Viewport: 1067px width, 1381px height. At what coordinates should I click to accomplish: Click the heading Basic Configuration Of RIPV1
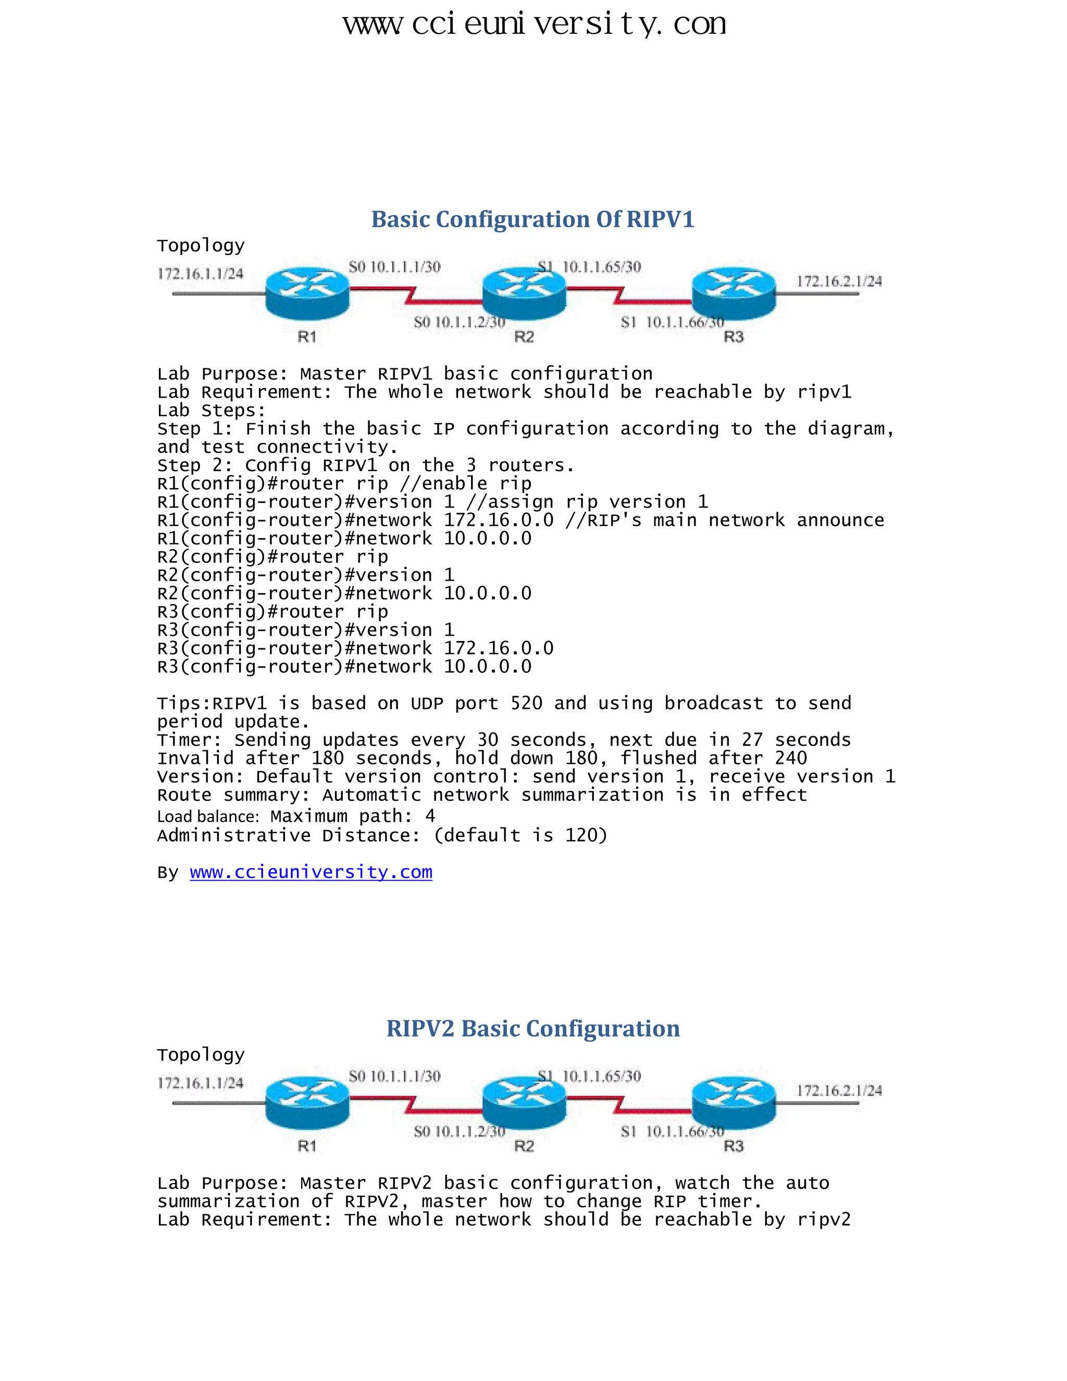(x=532, y=219)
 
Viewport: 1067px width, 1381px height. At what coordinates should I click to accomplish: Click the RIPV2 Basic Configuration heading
(x=532, y=1029)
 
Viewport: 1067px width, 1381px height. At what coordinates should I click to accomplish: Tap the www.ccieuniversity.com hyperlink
(x=311, y=872)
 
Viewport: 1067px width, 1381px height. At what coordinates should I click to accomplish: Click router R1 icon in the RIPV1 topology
(x=307, y=293)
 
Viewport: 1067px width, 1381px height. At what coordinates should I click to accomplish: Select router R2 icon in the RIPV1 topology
(x=524, y=293)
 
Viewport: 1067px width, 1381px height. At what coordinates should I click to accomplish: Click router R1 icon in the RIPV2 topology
(x=307, y=1102)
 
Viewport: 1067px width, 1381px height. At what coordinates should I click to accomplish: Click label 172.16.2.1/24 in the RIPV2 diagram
(x=839, y=1091)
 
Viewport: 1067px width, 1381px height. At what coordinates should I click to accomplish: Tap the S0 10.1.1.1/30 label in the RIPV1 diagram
(x=394, y=267)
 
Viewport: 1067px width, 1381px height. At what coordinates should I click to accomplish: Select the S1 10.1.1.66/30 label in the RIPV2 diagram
(x=672, y=1132)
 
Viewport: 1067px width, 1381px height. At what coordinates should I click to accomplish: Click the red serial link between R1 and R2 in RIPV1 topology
(x=414, y=295)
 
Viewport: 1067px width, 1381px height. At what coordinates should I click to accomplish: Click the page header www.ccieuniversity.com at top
(x=534, y=24)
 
